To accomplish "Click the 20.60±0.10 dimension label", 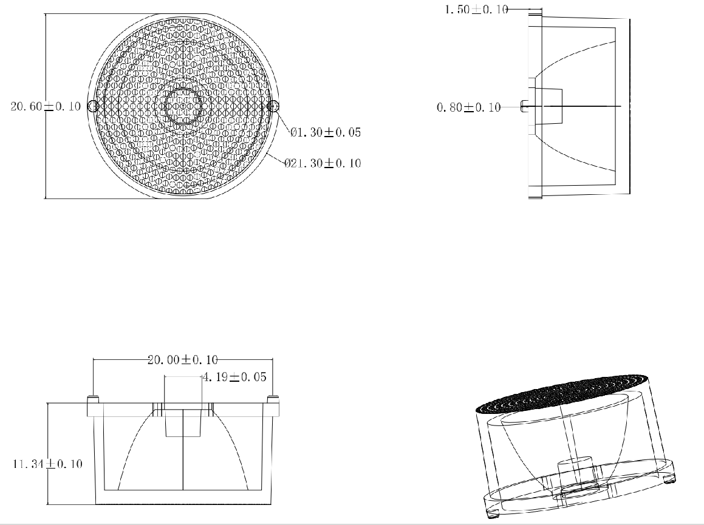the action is click(x=46, y=106).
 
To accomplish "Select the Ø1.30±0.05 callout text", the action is click(x=326, y=132).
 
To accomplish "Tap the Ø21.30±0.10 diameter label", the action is click(x=323, y=163).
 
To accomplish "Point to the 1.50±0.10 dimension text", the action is click(x=476, y=10).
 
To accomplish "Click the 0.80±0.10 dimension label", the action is click(x=469, y=107).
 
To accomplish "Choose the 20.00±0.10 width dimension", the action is click(x=183, y=360).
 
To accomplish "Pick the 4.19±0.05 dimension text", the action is click(x=234, y=377).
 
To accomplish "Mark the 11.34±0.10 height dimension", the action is click(x=47, y=464).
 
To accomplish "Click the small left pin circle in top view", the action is click(x=93, y=106).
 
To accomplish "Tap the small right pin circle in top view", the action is click(x=273, y=106).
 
